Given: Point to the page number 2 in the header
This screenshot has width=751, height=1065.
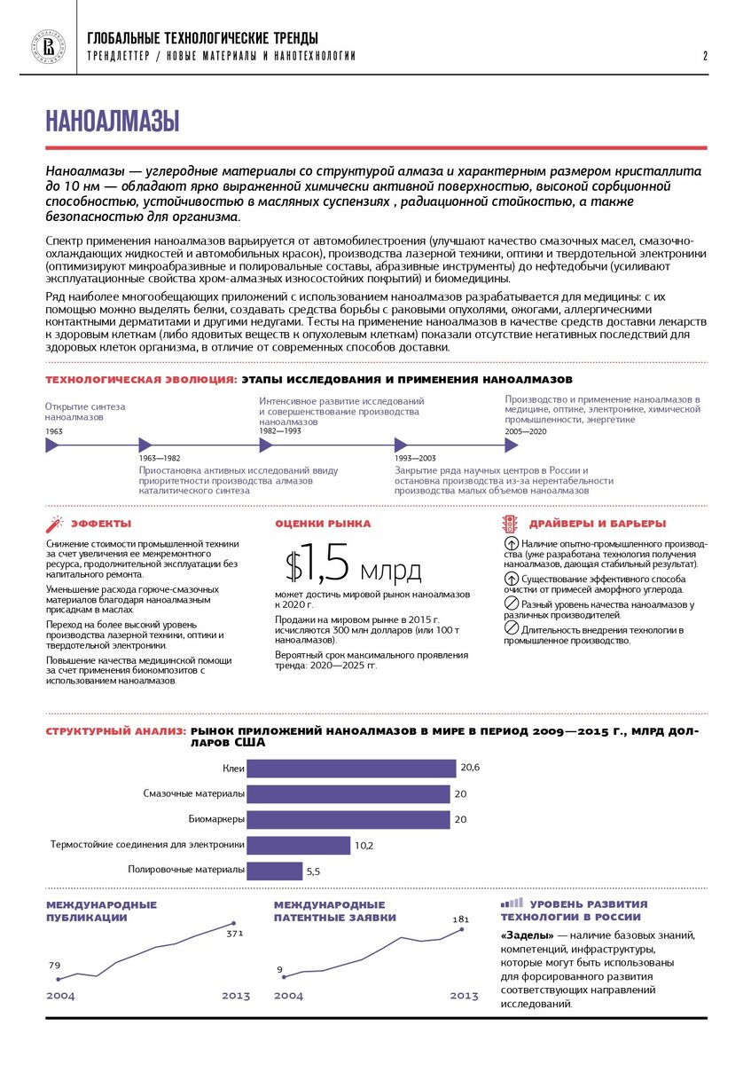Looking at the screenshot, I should pos(705,56).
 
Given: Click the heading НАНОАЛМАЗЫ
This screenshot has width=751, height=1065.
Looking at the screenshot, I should pos(113,121).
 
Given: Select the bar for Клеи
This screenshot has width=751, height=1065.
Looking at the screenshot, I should pos(351,769).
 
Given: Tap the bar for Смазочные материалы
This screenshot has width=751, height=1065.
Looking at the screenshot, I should pos(348,793).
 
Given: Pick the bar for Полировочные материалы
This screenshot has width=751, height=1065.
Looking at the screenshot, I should pos(274,871).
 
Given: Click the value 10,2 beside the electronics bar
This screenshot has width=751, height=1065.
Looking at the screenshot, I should pos(364,846).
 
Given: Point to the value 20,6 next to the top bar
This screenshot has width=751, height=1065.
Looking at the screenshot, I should pos(470,767).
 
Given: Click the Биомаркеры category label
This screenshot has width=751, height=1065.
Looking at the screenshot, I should pos(216,818).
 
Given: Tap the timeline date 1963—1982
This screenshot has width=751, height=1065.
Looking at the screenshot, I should pos(160,458).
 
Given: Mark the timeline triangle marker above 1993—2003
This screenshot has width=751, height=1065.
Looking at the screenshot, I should pos(400,445).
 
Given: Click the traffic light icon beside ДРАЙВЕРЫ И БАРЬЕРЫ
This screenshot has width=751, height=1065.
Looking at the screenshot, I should pos(510,524).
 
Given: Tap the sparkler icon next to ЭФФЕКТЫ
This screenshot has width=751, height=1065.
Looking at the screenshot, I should pos(54,524).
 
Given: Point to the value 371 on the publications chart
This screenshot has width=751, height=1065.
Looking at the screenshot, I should pos(234,934).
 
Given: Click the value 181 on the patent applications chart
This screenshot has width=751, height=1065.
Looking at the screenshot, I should pos(460,919).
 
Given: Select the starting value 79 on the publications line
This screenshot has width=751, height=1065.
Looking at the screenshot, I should pos(54,966).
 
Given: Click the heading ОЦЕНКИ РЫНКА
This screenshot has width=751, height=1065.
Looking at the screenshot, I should pos(323,524).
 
